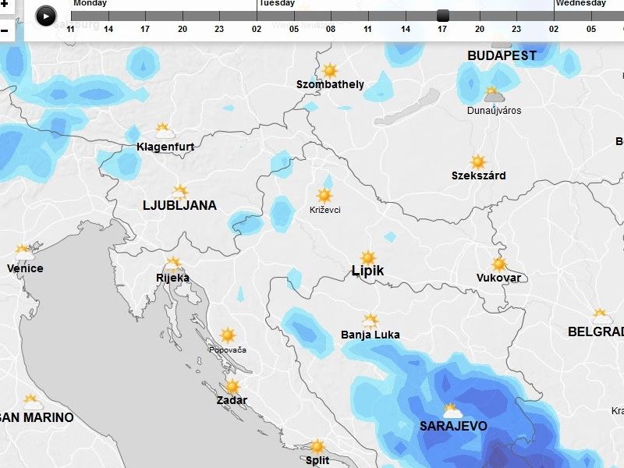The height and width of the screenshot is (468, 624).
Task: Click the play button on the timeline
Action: coord(46,16)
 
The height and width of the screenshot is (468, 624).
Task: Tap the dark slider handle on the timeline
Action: coord(443,16)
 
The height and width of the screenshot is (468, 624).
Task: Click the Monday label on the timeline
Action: coord(90,3)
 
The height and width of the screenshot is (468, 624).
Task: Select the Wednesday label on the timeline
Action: coord(580,3)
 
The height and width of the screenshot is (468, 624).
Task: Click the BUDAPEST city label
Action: coord(502,56)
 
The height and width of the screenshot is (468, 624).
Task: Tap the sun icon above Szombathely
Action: coord(330,70)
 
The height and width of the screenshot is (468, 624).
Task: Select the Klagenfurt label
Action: coord(165,147)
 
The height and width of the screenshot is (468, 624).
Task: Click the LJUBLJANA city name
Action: coord(179,206)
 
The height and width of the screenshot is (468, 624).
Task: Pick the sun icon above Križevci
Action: coord(324,196)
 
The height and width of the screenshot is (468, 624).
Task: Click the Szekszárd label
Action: coord(478,176)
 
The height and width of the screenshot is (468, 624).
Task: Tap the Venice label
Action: coord(25,269)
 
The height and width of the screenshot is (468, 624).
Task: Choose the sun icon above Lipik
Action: coord(368,257)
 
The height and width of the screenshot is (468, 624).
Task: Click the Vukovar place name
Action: coord(498,278)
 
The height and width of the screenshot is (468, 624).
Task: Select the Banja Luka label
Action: coord(370,335)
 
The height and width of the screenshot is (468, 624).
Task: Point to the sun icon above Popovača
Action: coord(228,335)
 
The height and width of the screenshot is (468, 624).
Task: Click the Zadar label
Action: coord(232,401)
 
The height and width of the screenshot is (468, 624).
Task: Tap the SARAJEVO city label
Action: coord(453,427)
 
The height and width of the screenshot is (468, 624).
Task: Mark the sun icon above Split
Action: coord(317,447)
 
